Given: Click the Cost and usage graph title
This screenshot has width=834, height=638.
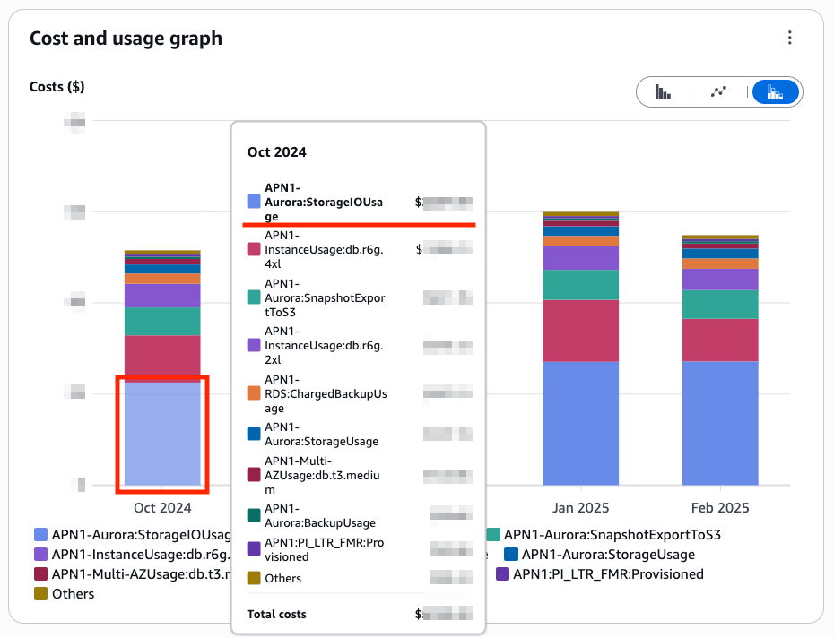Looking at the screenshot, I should coord(126,39).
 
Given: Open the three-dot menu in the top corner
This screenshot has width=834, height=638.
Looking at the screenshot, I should coord(789,38).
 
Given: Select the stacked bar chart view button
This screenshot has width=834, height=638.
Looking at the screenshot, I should coord(776,91).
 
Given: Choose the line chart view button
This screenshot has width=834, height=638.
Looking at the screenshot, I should coord(717,91).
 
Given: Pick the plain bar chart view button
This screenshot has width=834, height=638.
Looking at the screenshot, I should coord(664,91).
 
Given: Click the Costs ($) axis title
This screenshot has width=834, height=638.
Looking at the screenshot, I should coord(56,87).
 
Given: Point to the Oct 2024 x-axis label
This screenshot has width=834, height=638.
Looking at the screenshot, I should coord(162,508).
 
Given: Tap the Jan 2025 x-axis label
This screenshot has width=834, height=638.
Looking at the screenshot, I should coord(580,508).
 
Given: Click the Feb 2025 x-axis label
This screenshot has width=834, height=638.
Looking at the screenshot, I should coord(720,508).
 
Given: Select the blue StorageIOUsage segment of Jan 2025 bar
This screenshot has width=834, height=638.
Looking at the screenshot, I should coord(580,421).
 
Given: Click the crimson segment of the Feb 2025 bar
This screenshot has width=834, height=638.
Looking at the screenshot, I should coord(720,340).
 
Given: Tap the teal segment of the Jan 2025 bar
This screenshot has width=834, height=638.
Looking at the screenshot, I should coord(580,284).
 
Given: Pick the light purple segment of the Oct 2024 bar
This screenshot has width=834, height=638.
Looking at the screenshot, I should coord(162,296).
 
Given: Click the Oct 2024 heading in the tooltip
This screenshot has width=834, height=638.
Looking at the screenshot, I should coord(277,152).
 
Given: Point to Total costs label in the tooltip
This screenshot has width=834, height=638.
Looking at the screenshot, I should coord(277,615).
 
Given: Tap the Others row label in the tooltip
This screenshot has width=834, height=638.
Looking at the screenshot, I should coord(283,578).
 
